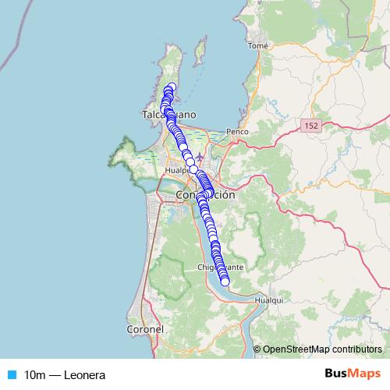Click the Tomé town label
257,46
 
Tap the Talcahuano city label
168,115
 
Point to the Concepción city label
205,195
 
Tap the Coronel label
144,330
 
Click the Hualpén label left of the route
179,168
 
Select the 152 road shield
312,125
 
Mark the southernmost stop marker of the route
225,282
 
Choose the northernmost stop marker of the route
172,87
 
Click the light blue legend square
11,374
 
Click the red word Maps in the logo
362,374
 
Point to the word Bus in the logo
336,374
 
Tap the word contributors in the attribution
359,349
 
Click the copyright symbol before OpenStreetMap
257,349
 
